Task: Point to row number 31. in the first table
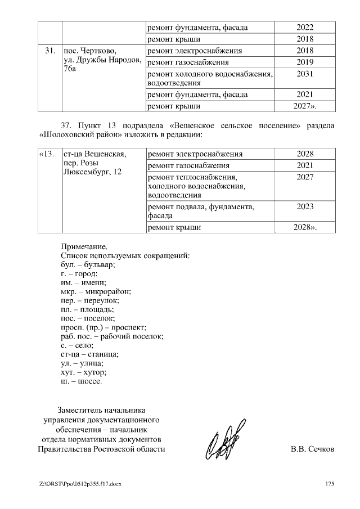pyautogui.click(x=49, y=51)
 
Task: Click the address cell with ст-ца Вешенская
pyautogui.click(x=94, y=163)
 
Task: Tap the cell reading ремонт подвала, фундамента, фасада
pyautogui.click(x=200, y=211)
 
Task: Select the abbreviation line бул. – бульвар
pyautogui.click(x=87, y=264)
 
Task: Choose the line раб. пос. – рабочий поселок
pyautogui.click(x=111, y=336)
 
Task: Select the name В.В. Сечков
pyautogui.click(x=312, y=449)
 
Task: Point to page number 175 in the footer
pyautogui.click(x=330, y=484)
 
